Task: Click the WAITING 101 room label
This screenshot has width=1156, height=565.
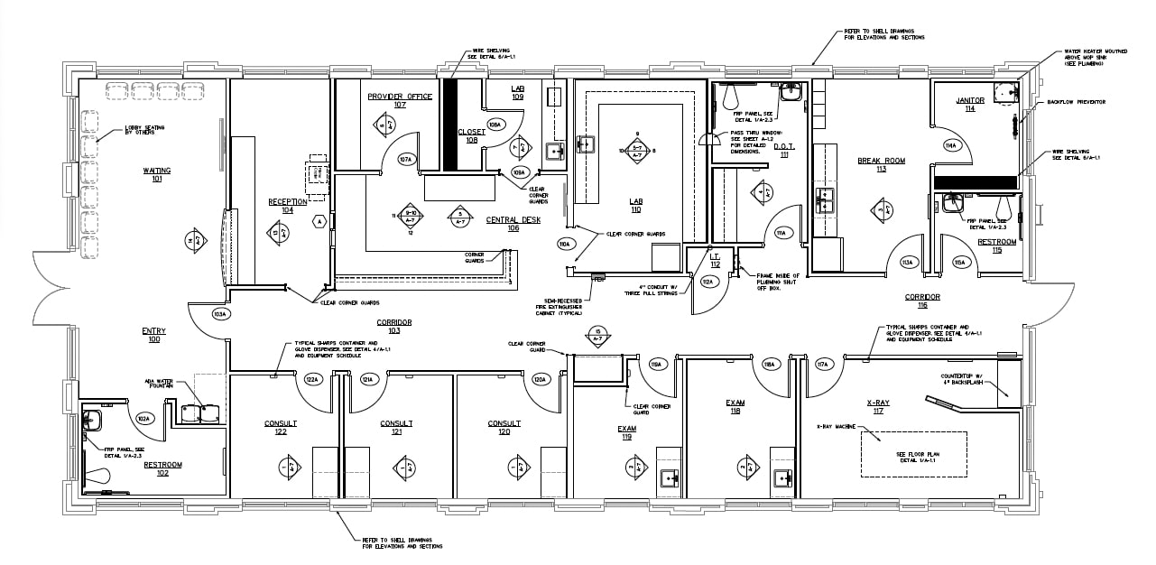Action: [156, 173]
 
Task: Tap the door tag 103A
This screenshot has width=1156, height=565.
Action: [218, 314]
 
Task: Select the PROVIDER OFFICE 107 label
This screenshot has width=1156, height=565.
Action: [399, 99]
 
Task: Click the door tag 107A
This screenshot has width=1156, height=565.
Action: [406, 160]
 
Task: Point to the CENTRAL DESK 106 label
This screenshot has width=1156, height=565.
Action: [513, 223]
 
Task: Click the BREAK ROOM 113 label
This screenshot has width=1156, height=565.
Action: [881, 164]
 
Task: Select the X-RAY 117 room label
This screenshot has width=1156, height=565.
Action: [878, 407]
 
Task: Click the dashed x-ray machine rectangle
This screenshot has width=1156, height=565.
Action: [913, 454]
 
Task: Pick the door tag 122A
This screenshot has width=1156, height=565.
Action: [312, 379]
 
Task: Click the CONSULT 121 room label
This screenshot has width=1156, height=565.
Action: [396, 427]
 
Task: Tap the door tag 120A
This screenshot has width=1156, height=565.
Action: [540, 379]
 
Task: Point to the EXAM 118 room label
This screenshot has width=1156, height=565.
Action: [734, 406]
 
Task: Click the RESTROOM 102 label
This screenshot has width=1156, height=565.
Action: [162, 468]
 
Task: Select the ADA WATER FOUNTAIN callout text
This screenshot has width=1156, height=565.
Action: [160, 384]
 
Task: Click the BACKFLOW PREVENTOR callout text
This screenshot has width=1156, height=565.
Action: [1076, 102]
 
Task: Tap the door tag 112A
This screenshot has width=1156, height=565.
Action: [707, 282]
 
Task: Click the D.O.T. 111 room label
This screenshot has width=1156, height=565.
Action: [781, 151]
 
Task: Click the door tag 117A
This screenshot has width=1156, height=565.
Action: [822, 365]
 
